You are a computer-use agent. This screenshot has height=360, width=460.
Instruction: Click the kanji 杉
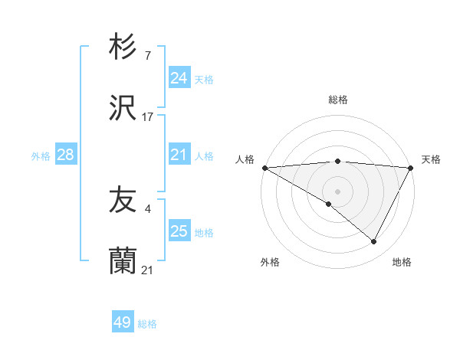click(123, 47)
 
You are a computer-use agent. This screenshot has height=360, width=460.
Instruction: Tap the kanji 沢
click(123, 109)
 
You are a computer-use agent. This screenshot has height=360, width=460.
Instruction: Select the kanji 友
click(123, 201)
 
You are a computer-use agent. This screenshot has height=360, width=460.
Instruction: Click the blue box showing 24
click(179, 78)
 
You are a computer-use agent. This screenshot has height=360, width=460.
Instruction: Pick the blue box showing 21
click(179, 155)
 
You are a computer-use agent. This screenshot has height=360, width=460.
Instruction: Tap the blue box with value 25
click(179, 231)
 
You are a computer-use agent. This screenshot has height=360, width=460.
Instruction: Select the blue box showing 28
click(66, 155)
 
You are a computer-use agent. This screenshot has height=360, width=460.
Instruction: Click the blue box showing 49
click(123, 322)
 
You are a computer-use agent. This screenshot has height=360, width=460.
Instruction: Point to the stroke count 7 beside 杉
click(147, 56)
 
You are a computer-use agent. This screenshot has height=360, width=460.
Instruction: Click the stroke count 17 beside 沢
click(148, 117)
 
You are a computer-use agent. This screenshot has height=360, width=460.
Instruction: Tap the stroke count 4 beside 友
click(147, 209)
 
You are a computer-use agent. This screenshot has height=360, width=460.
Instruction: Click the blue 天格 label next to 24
click(204, 79)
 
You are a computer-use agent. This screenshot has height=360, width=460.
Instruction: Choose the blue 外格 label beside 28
click(41, 155)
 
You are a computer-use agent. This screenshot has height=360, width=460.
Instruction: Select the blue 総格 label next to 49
click(147, 324)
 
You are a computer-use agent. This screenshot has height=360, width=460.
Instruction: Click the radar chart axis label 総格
click(338, 100)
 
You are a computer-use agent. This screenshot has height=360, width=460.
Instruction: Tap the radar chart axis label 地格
click(402, 262)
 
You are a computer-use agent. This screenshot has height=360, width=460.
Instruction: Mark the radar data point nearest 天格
click(412, 168)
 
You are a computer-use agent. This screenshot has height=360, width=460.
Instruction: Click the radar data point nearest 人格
click(264, 168)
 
